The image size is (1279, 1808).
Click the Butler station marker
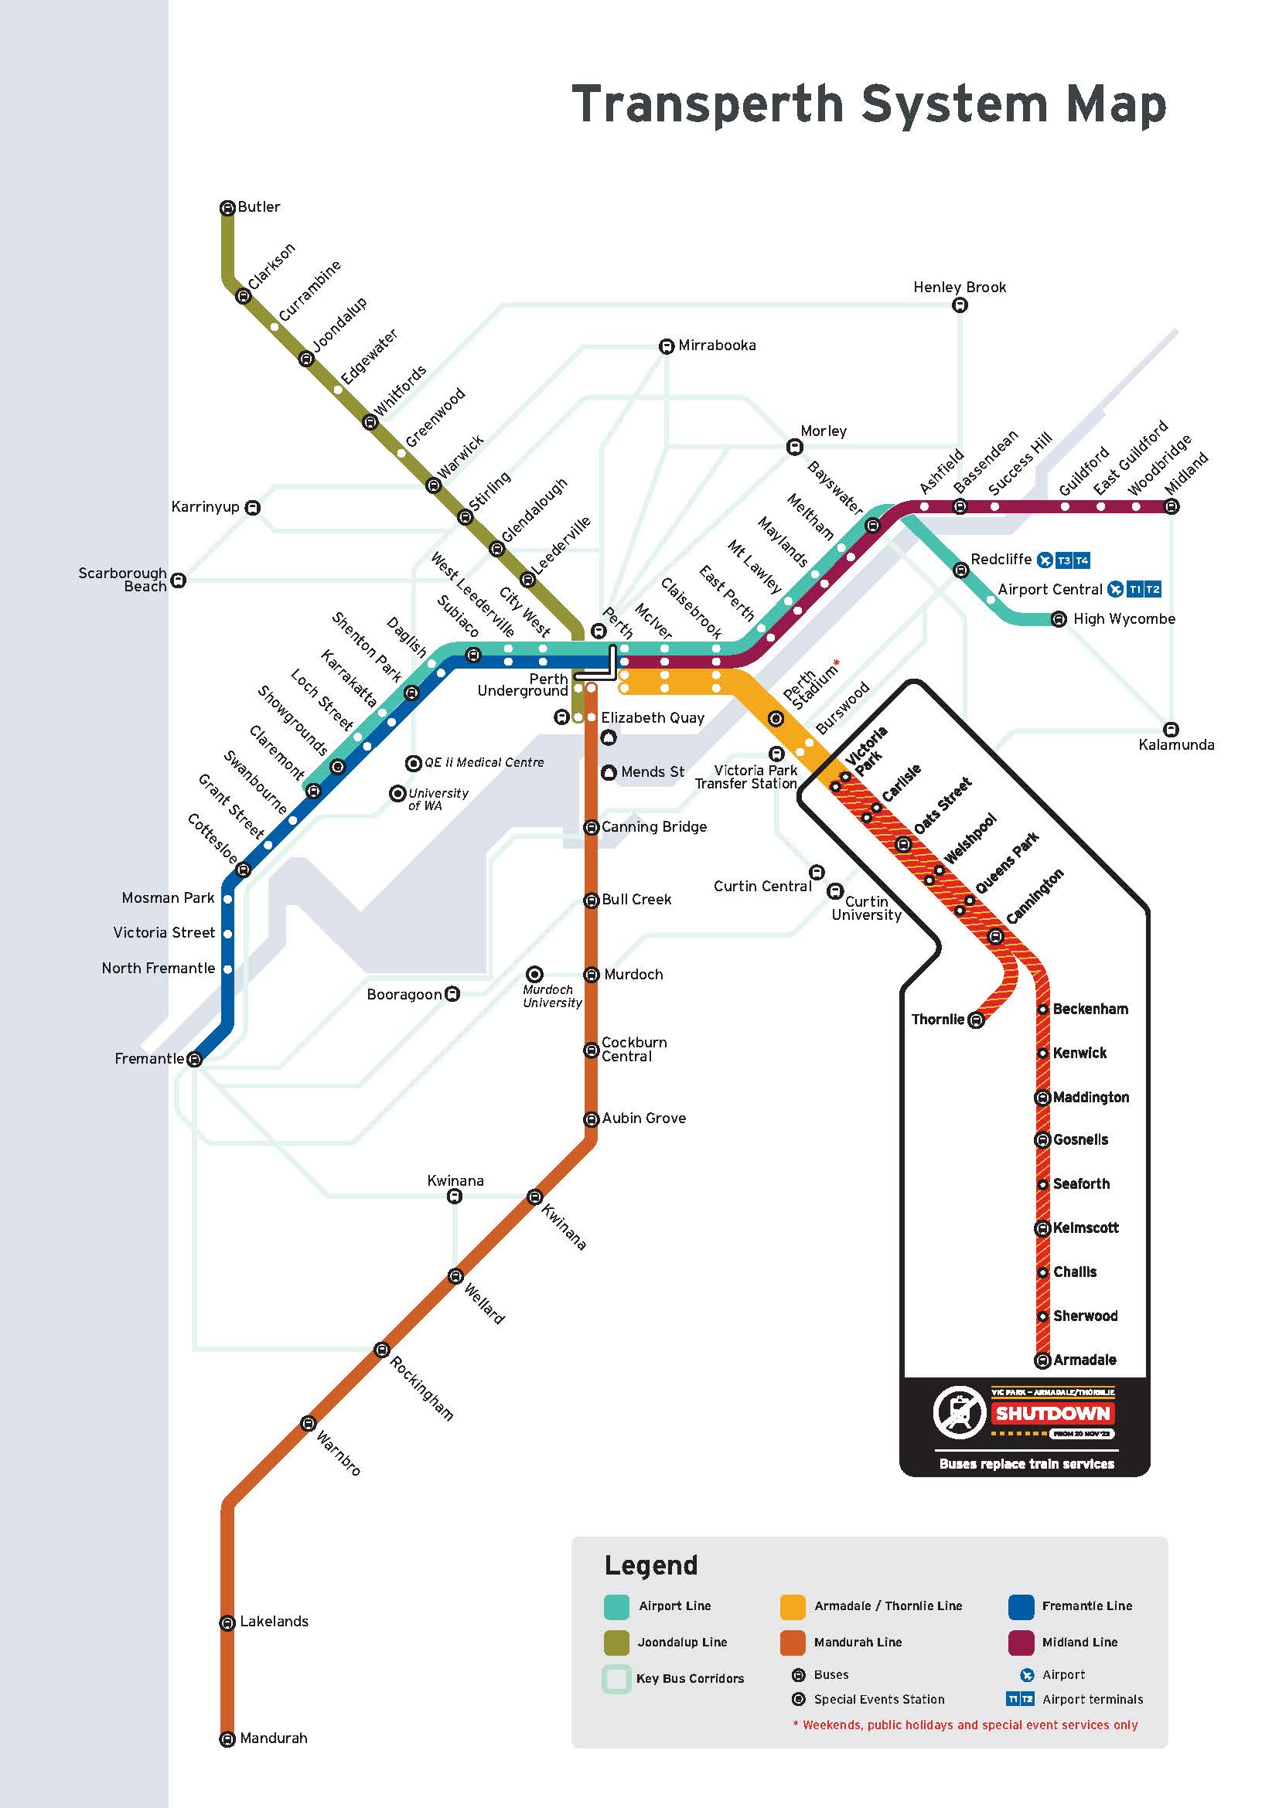point(227,208)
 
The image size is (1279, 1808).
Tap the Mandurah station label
point(273,1737)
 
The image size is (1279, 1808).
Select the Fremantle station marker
point(195,1059)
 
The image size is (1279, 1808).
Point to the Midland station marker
point(1172,507)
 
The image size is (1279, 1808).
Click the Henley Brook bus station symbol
point(960,305)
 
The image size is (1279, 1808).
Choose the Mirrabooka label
point(717,345)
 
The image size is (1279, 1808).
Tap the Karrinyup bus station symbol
point(252,508)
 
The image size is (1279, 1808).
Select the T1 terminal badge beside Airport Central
point(1135,589)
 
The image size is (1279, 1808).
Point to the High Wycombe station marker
point(1059,620)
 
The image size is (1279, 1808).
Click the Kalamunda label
point(1176,744)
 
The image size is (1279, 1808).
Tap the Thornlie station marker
point(976,1020)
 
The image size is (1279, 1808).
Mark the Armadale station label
point(1084,1360)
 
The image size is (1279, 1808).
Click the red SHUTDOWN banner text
point(1052,1414)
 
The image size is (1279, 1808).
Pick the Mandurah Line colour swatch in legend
point(793,1642)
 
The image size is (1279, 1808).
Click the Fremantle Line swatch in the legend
point(1021,1605)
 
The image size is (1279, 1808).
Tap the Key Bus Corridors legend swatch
point(616,1678)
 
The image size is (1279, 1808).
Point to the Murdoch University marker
point(535,975)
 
